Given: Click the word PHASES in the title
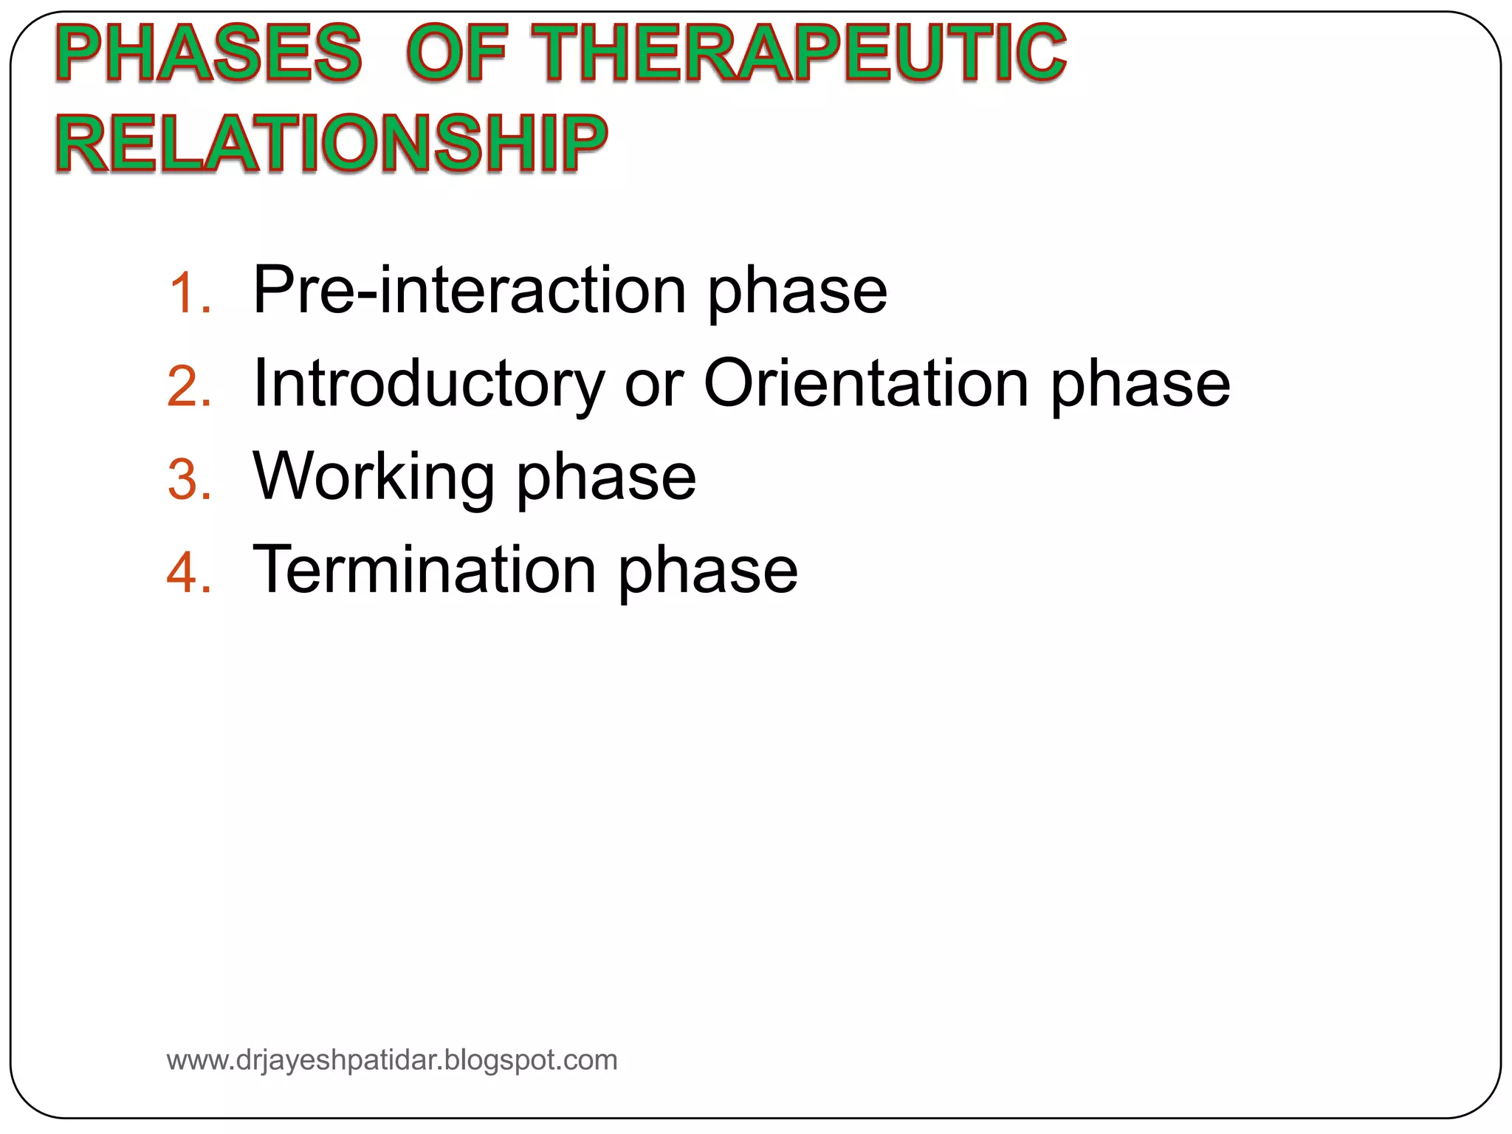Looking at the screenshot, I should tap(209, 52).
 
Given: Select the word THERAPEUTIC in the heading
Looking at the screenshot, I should tap(799, 52).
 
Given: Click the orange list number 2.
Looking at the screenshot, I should tap(188, 386).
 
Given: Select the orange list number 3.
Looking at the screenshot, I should tap(188, 480).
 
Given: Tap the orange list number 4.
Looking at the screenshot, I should tap(188, 573).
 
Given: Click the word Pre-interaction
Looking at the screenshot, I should tap(470, 289).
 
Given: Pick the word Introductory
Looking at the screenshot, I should tap(428, 384).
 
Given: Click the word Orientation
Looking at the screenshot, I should tap(866, 382).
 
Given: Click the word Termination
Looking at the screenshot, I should tap(425, 569).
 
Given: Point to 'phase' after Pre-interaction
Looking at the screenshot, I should tap(797, 294).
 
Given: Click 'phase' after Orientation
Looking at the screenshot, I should tap(1141, 387).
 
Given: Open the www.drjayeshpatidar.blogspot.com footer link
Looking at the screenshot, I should tap(392, 1060).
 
